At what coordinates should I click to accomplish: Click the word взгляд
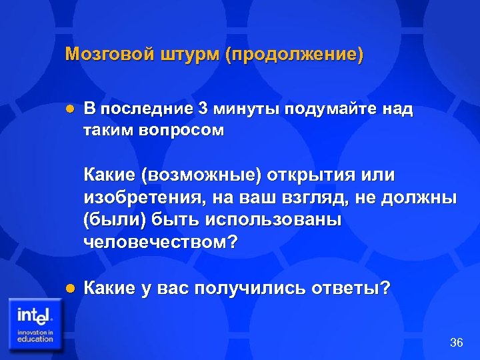322,198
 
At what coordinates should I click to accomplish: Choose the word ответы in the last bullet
354,289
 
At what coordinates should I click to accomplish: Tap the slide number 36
457,343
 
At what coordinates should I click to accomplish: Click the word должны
422,198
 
